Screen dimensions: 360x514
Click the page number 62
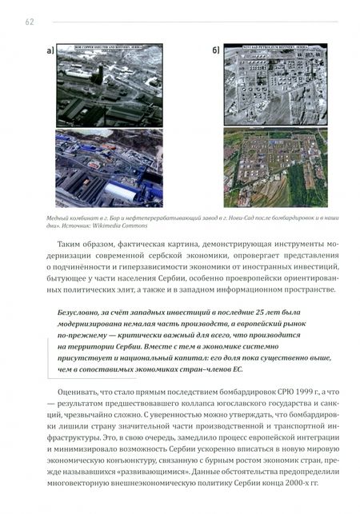pyautogui.click(x=29, y=22)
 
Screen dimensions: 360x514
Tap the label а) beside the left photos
pyautogui.click(x=50, y=52)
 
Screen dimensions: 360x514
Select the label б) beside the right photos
pyautogui.click(x=215, y=52)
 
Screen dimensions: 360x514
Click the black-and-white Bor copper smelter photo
pyautogui.click(x=109, y=86)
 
